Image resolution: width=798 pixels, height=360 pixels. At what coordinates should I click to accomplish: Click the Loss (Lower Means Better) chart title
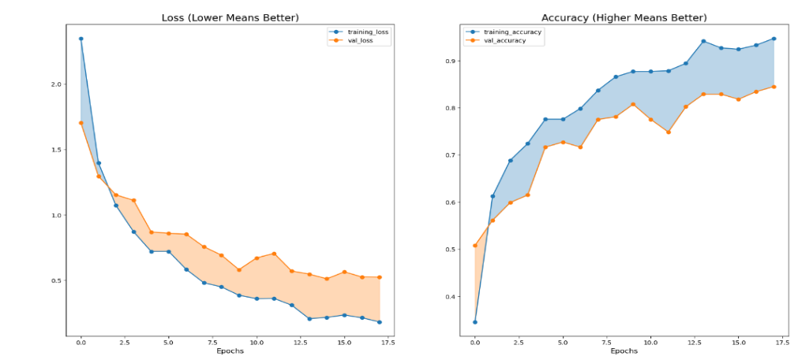tap(230, 17)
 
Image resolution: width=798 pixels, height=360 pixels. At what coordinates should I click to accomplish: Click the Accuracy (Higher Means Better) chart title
tap(624, 17)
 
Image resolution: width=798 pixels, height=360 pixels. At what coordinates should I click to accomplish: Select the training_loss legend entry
tap(358, 32)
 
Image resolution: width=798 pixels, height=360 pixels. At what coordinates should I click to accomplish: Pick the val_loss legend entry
tap(354, 39)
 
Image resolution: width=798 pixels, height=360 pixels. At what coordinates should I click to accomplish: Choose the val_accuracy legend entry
tap(503, 39)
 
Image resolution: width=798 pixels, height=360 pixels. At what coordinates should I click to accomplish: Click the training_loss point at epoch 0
tap(81, 39)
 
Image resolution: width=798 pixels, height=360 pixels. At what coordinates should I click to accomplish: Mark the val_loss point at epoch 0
tap(81, 122)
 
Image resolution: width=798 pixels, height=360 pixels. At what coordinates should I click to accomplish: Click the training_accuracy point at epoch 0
tap(474, 321)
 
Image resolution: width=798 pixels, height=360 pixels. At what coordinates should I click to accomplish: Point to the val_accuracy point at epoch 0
tap(474, 246)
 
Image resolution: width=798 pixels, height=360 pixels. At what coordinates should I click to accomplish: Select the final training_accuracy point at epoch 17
tap(774, 39)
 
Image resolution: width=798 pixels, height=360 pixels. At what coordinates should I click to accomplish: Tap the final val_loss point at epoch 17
tap(380, 277)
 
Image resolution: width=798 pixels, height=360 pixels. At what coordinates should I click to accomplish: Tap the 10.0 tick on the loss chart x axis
tap(257, 343)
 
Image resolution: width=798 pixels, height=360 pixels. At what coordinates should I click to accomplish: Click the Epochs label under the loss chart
tap(230, 351)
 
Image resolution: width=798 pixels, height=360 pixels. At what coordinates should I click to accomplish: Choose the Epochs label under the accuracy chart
tap(624, 351)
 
